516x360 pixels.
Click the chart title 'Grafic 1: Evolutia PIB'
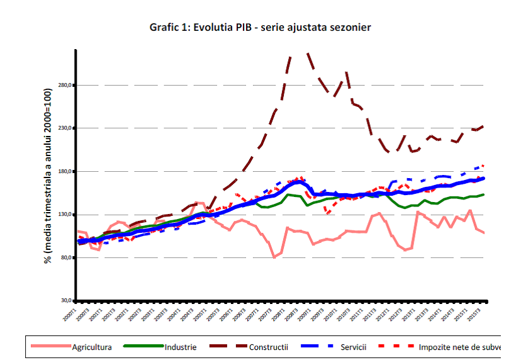pos(260,28)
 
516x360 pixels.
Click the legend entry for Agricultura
pos(92,347)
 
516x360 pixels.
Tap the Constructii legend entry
pos(268,347)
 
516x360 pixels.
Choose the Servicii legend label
pos(353,347)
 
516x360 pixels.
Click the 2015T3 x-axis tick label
pos(480,313)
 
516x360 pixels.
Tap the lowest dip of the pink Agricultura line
pos(274,257)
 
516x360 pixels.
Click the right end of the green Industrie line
pos(483,194)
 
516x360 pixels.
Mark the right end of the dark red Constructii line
pos(483,125)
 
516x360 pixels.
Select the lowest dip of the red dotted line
pos(328,213)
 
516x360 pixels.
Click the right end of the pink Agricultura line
pos(483,233)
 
